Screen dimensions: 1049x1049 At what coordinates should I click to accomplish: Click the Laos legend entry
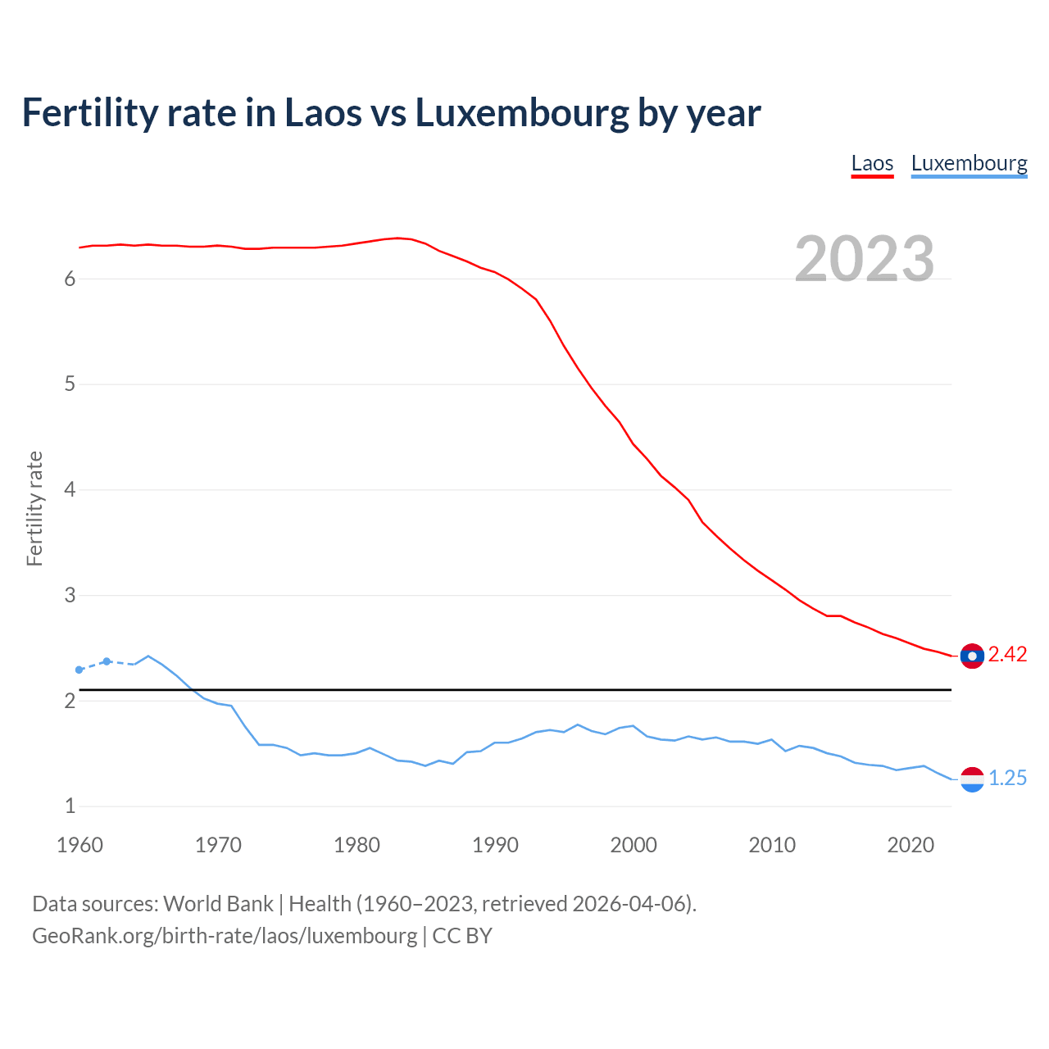click(872, 163)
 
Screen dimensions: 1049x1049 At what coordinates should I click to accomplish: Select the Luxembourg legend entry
click(969, 163)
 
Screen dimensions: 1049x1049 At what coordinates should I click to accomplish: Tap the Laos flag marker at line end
click(972, 656)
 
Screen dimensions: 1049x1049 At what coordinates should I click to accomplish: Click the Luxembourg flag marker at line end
click(972, 779)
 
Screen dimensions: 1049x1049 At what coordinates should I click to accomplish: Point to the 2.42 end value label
click(1007, 654)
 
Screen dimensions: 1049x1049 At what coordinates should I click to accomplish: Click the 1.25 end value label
click(1007, 778)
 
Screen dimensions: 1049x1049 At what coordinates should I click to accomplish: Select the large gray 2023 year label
click(864, 259)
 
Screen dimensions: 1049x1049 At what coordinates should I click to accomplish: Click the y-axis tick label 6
click(70, 279)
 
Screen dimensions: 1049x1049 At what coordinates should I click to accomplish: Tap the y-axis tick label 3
click(70, 595)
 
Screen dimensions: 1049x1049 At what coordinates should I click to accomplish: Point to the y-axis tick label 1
click(70, 806)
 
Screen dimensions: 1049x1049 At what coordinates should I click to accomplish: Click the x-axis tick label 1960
click(79, 845)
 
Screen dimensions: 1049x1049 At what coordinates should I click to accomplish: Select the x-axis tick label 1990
click(495, 845)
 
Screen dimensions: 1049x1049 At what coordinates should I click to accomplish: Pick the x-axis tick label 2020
click(910, 845)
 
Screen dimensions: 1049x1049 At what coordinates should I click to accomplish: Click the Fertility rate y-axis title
click(34, 508)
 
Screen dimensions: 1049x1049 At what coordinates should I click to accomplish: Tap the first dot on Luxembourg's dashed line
click(79, 670)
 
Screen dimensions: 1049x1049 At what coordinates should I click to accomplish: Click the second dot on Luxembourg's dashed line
click(107, 661)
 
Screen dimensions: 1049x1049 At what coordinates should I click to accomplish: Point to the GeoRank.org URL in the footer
click(225, 935)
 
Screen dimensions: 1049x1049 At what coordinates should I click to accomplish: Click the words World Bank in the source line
click(218, 903)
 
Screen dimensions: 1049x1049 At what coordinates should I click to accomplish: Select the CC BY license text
click(462, 935)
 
